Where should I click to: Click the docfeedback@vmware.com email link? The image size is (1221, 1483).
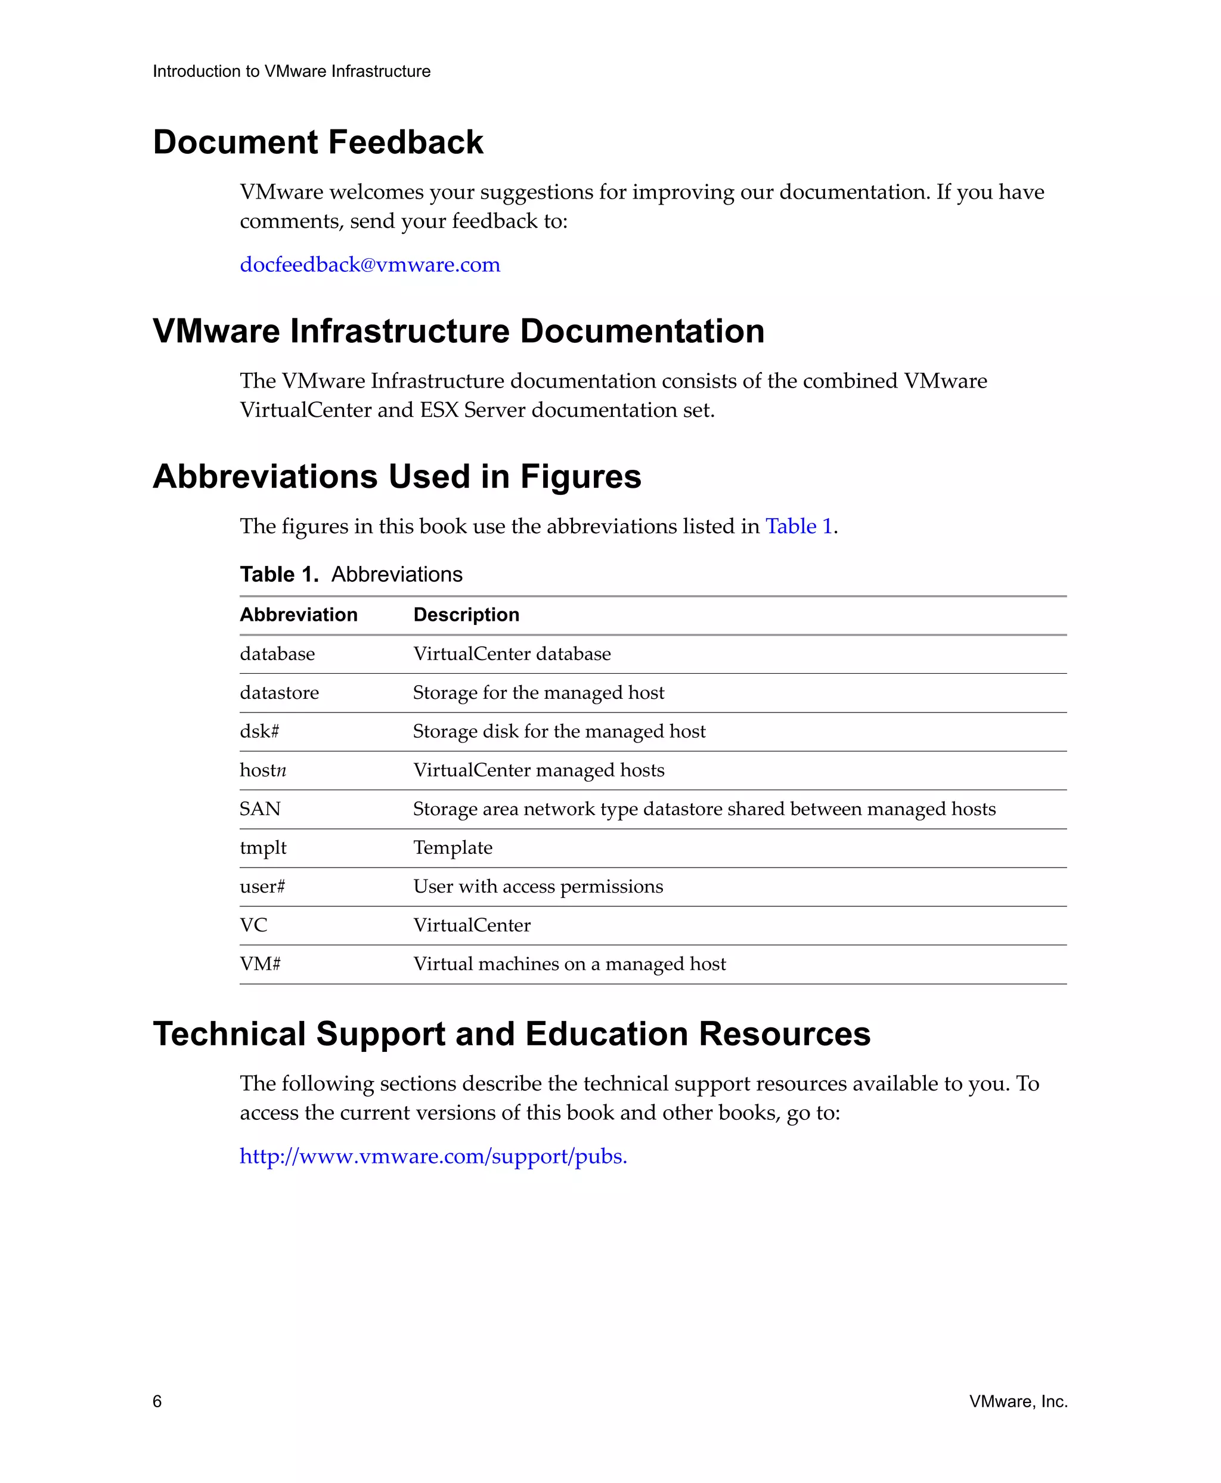click(370, 265)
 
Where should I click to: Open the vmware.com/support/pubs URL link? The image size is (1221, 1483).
click(433, 1156)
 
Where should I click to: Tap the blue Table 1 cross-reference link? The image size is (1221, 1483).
click(798, 526)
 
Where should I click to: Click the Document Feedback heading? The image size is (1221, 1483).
click(318, 142)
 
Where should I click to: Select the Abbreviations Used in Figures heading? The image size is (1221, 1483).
click(396, 476)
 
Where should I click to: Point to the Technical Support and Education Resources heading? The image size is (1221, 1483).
click(512, 1033)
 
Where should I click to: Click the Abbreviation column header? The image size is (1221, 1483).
click(298, 615)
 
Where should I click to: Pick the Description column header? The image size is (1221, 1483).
click(466, 615)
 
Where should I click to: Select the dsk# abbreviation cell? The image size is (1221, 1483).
click(259, 732)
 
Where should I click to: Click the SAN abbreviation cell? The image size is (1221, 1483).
click(260, 809)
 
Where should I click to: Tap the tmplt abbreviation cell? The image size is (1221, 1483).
click(263, 848)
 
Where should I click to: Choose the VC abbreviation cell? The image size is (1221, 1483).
click(254, 925)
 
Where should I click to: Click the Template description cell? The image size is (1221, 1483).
click(453, 848)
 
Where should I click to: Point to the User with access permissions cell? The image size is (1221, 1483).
click(538, 887)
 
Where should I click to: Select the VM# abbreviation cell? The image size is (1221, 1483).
click(260, 964)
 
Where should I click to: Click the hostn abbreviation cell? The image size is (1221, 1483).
click(263, 770)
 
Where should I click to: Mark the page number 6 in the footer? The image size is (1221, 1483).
click(157, 1401)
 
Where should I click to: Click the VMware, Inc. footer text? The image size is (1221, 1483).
click(1018, 1401)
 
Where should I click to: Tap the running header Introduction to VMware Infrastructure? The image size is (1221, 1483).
click(291, 71)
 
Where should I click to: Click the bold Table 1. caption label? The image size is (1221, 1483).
click(279, 574)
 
